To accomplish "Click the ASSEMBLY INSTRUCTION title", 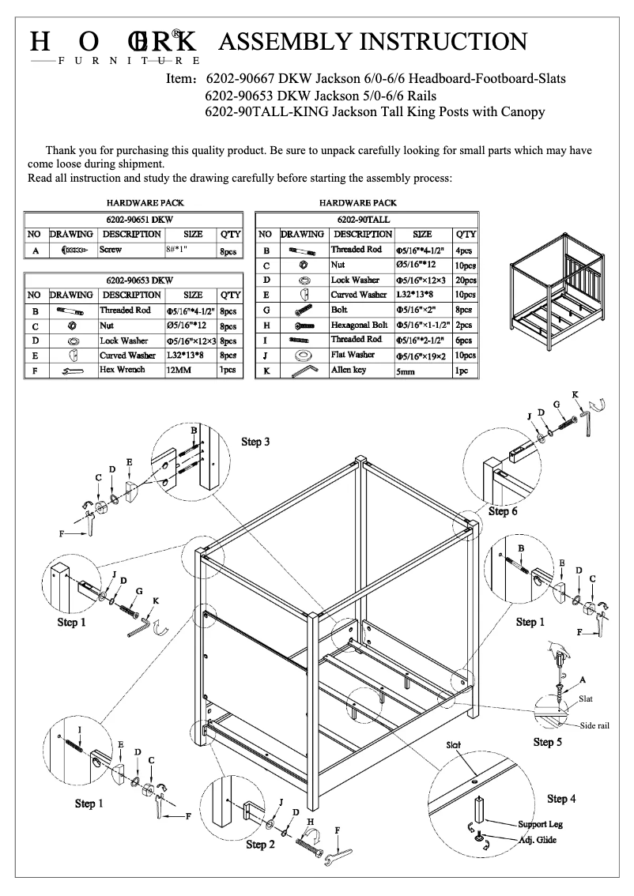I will (x=372, y=41).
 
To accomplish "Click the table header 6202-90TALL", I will (x=367, y=218).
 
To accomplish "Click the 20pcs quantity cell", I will (x=466, y=280).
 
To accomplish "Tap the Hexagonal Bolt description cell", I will (x=360, y=325).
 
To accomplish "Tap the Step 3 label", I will (x=255, y=441).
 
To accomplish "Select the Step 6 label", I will (x=503, y=511).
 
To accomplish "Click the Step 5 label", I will (x=548, y=742).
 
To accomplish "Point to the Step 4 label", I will (x=561, y=799).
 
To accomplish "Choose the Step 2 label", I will (x=260, y=845).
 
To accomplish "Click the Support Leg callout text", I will (x=540, y=824).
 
